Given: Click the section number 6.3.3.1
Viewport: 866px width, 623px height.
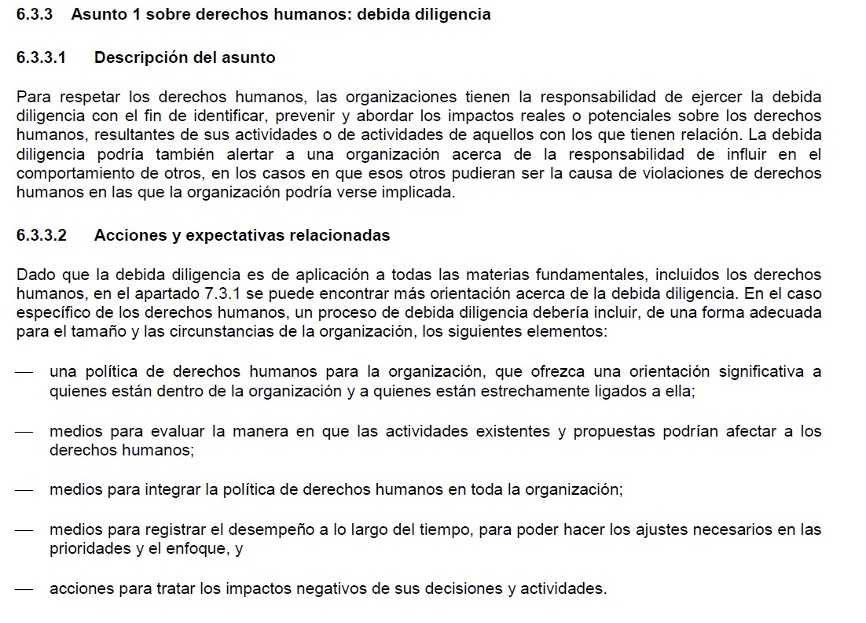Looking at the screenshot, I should [41, 57].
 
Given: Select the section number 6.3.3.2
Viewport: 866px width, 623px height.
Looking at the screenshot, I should [41, 235].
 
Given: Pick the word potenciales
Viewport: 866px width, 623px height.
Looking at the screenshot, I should [615, 116].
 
